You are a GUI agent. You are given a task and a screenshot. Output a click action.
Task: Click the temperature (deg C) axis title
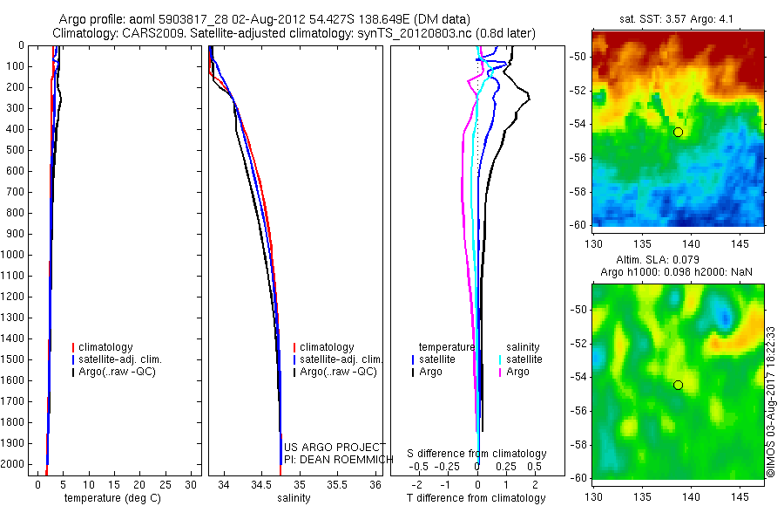click(x=111, y=498)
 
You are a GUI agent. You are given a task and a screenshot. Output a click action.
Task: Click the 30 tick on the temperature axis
click(x=193, y=484)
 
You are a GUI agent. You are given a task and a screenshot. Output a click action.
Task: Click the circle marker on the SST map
click(x=678, y=132)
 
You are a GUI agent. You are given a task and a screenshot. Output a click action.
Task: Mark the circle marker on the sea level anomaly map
click(x=678, y=385)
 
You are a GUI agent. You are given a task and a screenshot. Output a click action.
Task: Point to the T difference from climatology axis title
click(x=476, y=498)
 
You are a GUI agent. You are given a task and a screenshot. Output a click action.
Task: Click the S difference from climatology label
click(x=477, y=454)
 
